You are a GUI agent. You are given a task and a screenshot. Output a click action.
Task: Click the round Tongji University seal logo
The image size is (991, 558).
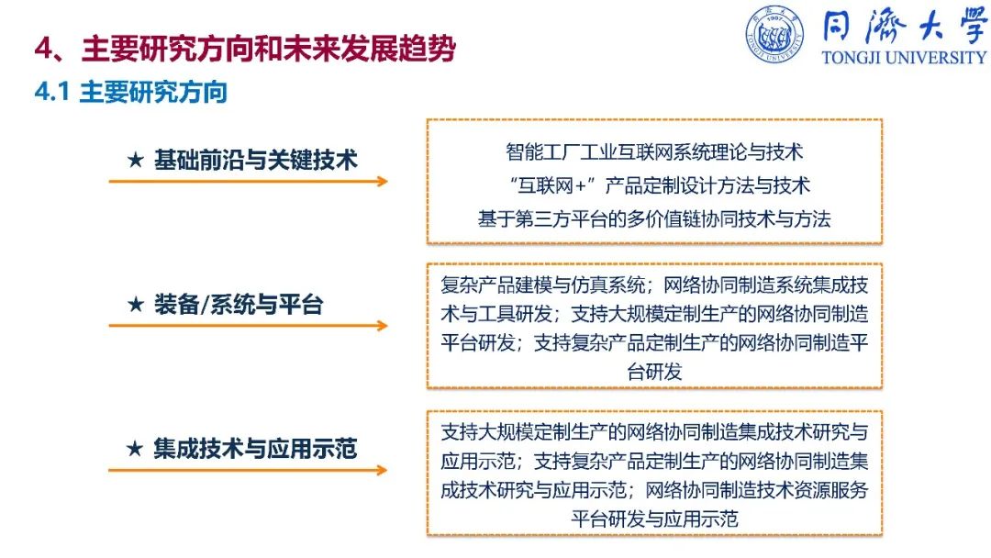pyautogui.click(x=774, y=34)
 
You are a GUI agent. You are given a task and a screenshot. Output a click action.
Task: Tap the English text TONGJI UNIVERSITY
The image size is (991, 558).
pyautogui.click(x=904, y=58)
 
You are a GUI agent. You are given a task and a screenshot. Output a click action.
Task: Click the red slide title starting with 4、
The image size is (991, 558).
pyautogui.click(x=245, y=48)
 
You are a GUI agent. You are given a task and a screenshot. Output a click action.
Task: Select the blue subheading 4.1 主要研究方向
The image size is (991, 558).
pyautogui.click(x=131, y=93)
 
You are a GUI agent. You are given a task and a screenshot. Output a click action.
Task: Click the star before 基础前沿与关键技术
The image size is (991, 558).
pyautogui.click(x=135, y=160)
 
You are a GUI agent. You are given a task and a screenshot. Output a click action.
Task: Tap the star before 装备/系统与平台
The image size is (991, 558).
pyautogui.click(x=135, y=304)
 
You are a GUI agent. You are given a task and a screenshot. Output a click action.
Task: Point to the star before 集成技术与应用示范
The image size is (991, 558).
pyautogui.click(x=135, y=449)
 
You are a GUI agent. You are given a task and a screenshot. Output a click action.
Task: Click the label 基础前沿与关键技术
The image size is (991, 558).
pyautogui.click(x=256, y=160)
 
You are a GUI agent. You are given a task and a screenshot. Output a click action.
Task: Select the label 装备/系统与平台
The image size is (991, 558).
pyautogui.click(x=239, y=305)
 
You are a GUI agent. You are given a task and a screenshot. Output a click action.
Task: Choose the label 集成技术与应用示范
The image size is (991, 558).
pyautogui.click(x=255, y=449)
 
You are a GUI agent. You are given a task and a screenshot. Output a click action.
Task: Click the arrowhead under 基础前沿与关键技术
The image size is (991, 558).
pyautogui.click(x=382, y=182)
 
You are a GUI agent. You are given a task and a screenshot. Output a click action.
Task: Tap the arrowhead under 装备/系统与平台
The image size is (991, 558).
pyautogui.click(x=382, y=326)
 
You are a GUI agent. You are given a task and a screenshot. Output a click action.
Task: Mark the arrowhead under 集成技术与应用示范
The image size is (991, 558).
pyautogui.click(x=382, y=470)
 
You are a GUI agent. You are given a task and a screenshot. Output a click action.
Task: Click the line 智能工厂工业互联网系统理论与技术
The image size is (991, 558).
pyautogui.click(x=654, y=151)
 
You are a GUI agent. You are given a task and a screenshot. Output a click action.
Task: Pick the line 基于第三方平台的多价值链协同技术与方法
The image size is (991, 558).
pyautogui.click(x=654, y=218)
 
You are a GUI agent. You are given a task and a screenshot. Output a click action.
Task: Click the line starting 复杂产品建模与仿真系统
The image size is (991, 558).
pyautogui.click(x=654, y=285)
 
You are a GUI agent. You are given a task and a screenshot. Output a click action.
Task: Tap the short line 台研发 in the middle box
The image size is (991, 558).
pyautogui.click(x=654, y=372)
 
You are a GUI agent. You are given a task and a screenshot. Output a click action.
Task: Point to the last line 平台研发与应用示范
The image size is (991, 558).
pyautogui.click(x=654, y=519)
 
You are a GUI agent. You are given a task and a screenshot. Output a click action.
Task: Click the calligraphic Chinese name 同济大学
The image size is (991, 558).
pyautogui.click(x=904, y=27)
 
